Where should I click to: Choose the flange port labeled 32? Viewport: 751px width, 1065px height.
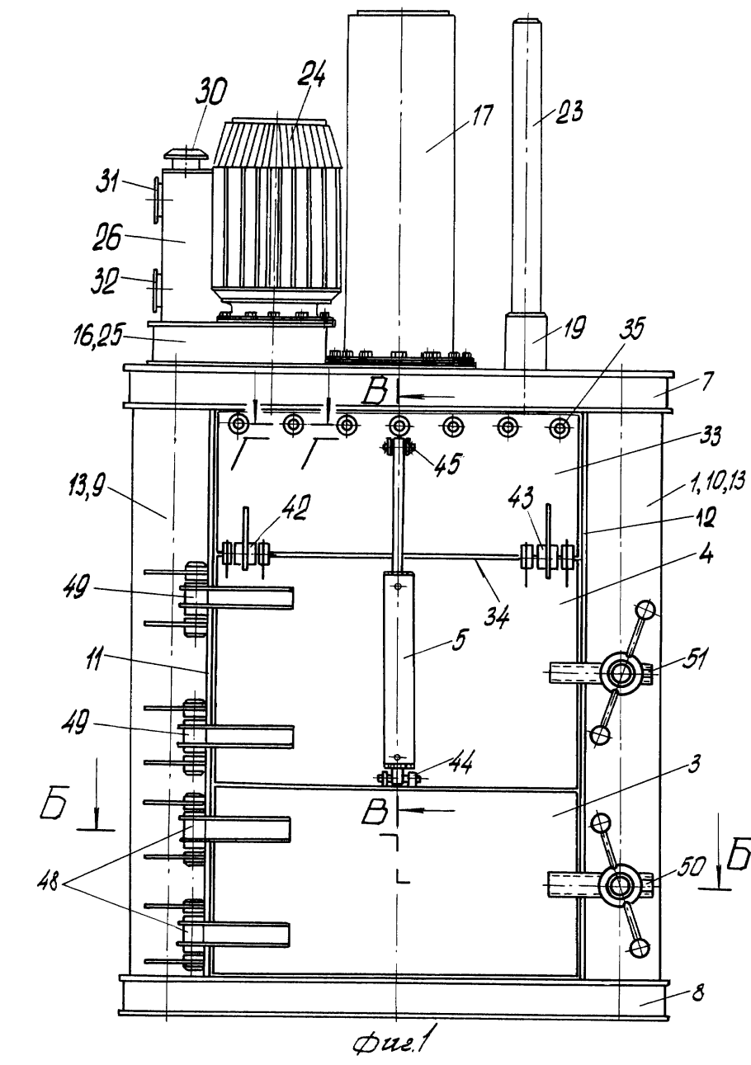pyautogui.click(x=154, y=289)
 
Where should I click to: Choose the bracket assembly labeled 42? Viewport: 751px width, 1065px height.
pyautogui.click(x=245, y=553)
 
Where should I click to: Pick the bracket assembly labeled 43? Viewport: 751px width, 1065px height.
pyautogui.click(x=545, y=554)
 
